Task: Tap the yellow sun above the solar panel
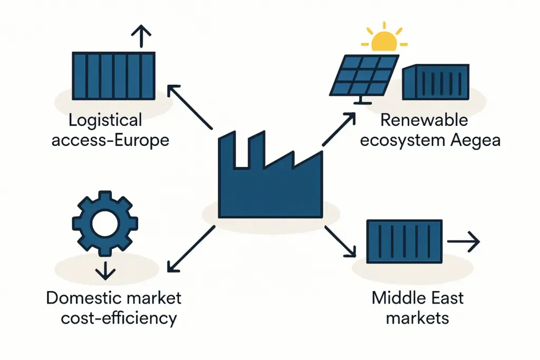[x=383, y=41]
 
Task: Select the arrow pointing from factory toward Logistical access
[x=189, y=106]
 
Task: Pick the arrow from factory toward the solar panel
[x=337, y=129]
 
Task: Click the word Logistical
[x=105, y=121]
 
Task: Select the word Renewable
[x=424, y=120]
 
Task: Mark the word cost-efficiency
[x=119, y=319]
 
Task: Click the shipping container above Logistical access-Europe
[x=113, y=75]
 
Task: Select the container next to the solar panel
[x=436, y=82]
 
